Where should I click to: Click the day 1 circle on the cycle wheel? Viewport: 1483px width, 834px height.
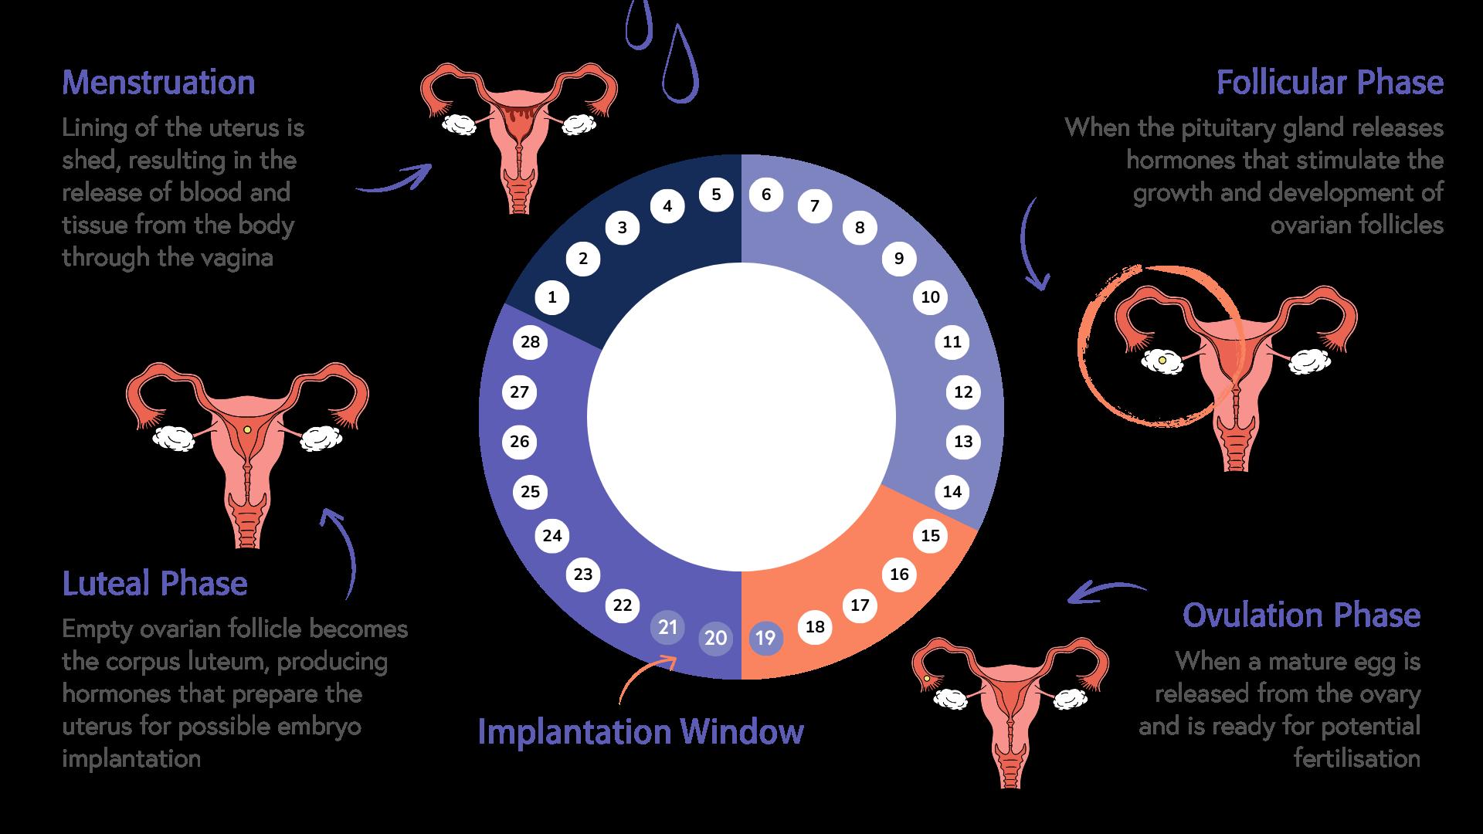(x=551, y=297)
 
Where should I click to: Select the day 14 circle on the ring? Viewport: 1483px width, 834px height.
(x=952, y=492)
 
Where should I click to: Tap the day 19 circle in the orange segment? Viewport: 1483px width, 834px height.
(x=765, y=638)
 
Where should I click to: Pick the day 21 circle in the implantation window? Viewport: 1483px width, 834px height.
(x=668, y=627)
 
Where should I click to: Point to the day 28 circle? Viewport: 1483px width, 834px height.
(x=530, y=342)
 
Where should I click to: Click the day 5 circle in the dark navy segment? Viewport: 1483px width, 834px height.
(x=716, y=195)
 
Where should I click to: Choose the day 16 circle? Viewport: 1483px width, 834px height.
(x=899, y=574)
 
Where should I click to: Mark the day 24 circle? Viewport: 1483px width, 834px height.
(x=552, y=536)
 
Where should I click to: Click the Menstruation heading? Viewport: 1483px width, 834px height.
(x=158, y=83)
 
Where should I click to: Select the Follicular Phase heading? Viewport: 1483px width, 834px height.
(x=1329, y=83)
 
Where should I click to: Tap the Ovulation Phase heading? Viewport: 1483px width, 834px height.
(x=1301, y=615)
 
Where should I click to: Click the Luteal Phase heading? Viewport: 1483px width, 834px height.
(x=154, y=584)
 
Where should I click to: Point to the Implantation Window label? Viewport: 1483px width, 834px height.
(x=640, y=731)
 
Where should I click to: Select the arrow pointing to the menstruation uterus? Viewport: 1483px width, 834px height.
(x=394, y=181)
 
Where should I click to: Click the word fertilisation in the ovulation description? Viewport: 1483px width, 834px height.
(x=1356, y=758)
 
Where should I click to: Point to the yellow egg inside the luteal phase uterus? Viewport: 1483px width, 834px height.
(x=246, y=429)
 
